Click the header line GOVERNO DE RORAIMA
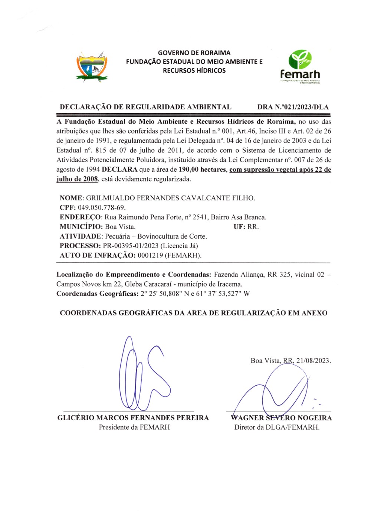pos(194,53)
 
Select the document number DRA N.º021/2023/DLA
pos(293,107)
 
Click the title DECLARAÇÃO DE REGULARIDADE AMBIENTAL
pos(145,107)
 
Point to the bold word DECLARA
pos(119,170)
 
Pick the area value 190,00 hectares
pos(202,170)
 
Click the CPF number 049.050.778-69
pos(101,208)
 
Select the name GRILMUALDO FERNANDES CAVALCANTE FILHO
pos(170,198)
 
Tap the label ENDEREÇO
pos(80,217)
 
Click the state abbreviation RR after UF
pos(253,227)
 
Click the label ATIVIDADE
pos(81,236)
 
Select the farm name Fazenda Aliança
pos(239,275)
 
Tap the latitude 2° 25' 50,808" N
pos(165,294)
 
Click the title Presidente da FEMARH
pos(134,427)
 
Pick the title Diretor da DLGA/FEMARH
pos(276,427)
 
